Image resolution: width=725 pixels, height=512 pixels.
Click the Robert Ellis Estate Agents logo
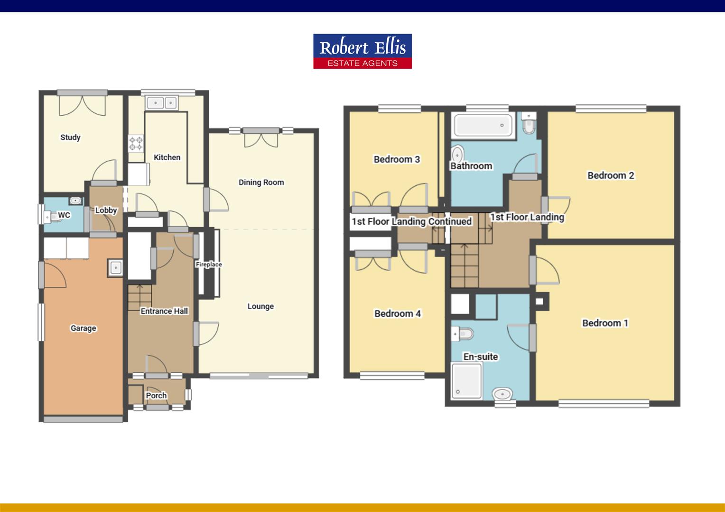coord(362,51)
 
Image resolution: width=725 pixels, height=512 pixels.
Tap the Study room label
coord(70,137)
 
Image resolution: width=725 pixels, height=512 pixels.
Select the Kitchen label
coord(167,157)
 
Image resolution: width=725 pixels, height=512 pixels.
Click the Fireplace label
coord(209,265)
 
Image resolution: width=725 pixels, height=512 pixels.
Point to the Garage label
coord(83,328)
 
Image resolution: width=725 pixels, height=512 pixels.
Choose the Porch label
coord(156,395)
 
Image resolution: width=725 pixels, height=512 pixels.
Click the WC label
coord(64,215)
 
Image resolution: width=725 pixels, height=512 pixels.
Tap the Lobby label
coord(106,210)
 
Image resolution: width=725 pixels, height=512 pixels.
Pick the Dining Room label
coord(261,182)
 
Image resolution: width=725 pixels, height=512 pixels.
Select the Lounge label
coord(260,306)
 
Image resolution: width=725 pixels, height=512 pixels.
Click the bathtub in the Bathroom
coord(483,126)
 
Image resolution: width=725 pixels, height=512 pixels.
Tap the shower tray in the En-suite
coord(466,381)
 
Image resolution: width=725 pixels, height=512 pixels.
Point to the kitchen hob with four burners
coord(136,144)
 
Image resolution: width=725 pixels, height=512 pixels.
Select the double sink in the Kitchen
coord(162,103)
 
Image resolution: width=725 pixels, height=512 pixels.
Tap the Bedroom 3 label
coord(397,159)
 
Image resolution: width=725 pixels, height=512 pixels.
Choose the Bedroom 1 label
coord(605,323)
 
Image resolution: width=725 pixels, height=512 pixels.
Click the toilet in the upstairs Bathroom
coord(528,124)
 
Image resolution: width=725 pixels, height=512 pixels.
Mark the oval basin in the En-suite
coord(502,393)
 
